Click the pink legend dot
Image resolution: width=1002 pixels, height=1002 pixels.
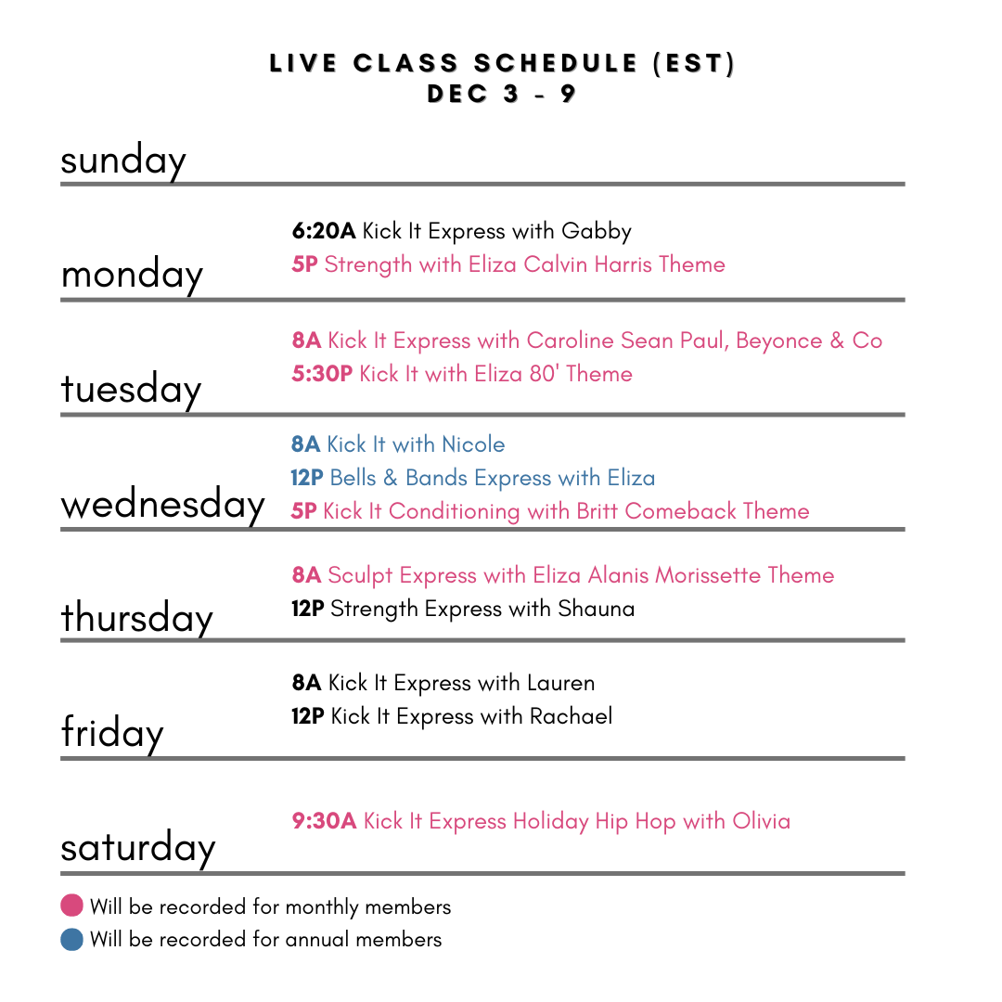(71, 905)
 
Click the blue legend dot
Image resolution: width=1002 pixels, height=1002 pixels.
(71, 940)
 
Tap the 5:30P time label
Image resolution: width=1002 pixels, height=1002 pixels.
(322, 375)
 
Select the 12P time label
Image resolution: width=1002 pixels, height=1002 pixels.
(307, 479)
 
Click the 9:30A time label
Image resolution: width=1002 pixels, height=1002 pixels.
(324, 822)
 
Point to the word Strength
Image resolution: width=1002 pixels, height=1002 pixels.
(368, 265)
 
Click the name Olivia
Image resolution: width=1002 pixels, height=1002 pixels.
(762, 822)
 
